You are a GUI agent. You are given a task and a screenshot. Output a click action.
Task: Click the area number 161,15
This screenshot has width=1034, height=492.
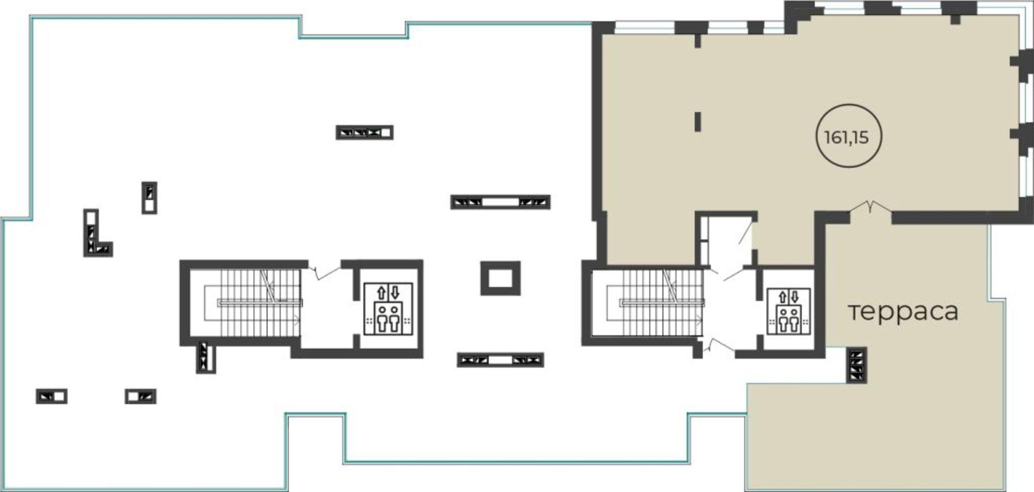pos(846,138)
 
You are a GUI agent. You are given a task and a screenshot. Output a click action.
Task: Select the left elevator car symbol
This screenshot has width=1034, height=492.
pos(388,309)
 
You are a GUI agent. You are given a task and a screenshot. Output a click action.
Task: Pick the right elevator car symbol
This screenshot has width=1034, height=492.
pos(788,311)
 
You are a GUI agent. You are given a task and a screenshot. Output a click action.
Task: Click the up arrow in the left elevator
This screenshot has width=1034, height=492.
pos(382,293)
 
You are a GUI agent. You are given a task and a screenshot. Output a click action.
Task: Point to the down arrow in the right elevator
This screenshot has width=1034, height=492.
pos(795,297)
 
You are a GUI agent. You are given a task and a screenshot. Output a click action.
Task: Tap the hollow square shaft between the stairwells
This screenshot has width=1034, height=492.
pos(500,278)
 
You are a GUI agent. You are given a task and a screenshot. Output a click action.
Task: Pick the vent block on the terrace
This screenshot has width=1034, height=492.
pos(857,365)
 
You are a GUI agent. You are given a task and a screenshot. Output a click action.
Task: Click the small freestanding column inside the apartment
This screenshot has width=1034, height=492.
pos(698,122)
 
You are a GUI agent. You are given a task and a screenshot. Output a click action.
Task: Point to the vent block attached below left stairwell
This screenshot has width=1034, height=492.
pos(205,357)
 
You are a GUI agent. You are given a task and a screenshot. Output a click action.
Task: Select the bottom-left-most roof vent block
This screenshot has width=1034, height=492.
pos(52,396)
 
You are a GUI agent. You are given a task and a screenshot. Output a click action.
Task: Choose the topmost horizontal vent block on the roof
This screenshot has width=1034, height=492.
pos(364,132)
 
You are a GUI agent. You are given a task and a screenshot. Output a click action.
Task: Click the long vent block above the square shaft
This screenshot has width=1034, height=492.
pos(500,202)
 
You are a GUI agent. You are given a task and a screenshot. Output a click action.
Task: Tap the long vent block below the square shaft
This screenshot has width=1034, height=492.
pos(500,360)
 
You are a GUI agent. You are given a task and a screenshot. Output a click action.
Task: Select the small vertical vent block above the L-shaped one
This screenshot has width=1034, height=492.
pos(149,198)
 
